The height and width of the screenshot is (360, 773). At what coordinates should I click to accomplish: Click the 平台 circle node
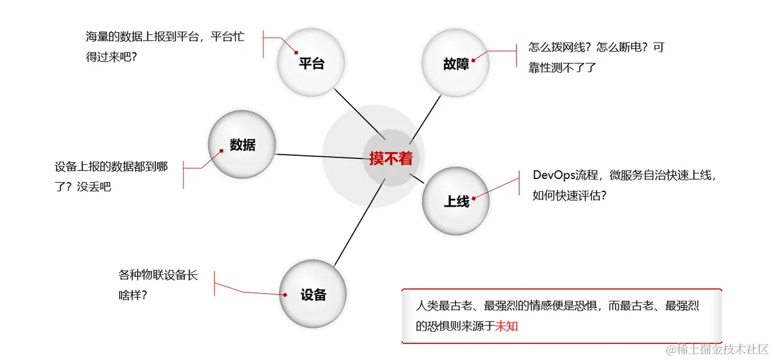click(x=311, y=62)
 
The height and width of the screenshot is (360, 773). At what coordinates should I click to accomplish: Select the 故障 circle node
click(x=455, y=63)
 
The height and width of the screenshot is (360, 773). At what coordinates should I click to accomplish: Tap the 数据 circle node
click(x=242, y=145)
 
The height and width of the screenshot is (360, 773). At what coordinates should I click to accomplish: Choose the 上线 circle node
click(x=456, y=201)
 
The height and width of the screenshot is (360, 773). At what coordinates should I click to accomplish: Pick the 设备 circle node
click(x=313, y=295)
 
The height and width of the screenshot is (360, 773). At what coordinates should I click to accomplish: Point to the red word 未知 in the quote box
click(x=506, y=326)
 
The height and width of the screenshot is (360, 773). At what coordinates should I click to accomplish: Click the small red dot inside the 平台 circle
click(x=297, y=53)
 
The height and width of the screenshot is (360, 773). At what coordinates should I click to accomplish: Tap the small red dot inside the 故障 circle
click(x=473, y=60)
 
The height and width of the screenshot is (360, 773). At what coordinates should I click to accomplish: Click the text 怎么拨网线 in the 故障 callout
click(x=556, y=48)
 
